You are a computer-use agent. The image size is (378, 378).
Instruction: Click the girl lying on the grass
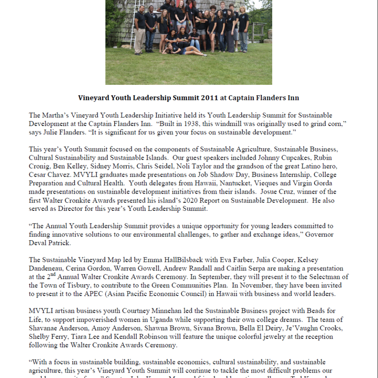pyautogui.click(x=185, y=50)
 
